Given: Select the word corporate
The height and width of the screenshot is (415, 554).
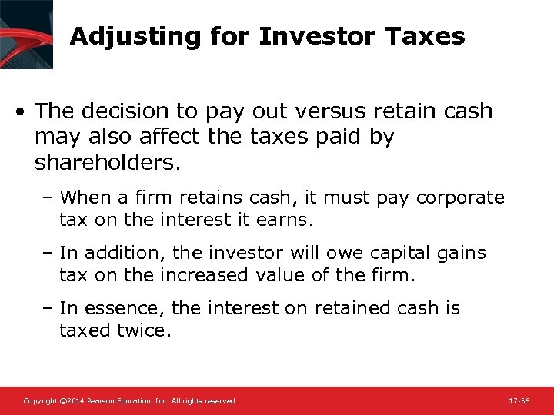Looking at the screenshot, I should (x=460, y=198).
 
